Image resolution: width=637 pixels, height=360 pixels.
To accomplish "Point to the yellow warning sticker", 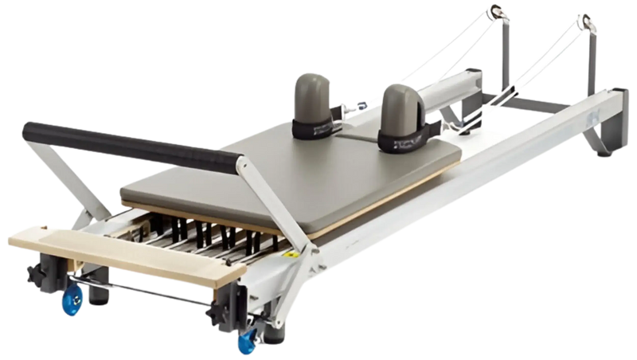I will point(294,256).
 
